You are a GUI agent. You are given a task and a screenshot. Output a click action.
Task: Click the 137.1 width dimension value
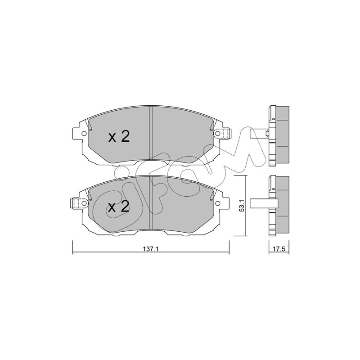click(x=151, y=249)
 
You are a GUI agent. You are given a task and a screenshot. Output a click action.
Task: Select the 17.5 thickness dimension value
click(x=279, y=249)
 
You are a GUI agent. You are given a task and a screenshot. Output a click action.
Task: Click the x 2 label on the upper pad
click(x=119, y=137)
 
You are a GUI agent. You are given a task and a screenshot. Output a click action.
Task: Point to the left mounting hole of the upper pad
click(x=84, y=133)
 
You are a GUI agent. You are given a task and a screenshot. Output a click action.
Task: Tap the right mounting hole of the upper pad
click(x=217, y=133)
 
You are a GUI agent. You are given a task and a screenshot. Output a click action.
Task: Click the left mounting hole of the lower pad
click(x=84, y=203)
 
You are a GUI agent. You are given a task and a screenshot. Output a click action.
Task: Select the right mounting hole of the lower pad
click(x=217, y=203)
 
